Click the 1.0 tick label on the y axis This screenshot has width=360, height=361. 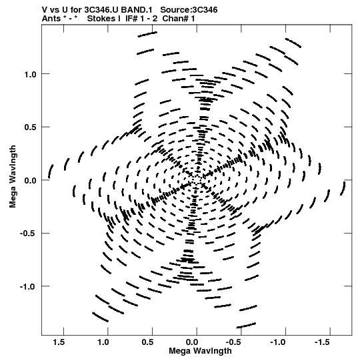pos(30,74)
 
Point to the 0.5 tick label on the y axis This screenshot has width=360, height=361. pos(30,127)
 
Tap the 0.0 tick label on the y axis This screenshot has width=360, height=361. pos(30,180)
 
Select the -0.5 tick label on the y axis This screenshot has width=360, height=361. pos(28,234)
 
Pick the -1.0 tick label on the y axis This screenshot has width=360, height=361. pos(28,287)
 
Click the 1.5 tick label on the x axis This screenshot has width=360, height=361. pos(59,342)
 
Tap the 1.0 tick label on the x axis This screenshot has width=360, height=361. pos(103,342)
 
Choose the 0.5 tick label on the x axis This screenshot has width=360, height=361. pos(148,342)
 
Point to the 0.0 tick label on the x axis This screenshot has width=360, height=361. pos(192,342)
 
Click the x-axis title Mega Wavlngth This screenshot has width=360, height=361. pos(200,352)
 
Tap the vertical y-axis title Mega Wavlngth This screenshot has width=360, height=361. pos(13,177)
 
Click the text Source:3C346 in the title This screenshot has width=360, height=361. pos(189,10)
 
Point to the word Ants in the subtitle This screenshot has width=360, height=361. pos(51,19)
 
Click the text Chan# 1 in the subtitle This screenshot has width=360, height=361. pos(179,19)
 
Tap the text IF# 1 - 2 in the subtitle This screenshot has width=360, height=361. pos(141,19)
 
